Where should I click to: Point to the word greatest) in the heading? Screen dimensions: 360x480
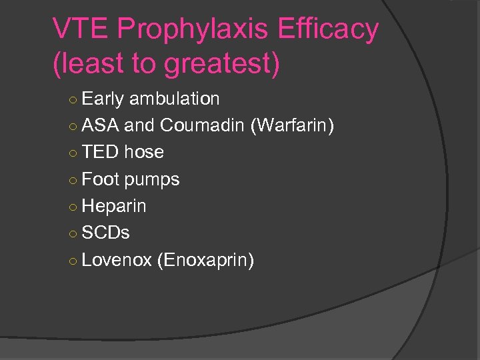pos(221,64)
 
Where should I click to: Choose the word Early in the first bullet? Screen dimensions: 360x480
pos(103,99)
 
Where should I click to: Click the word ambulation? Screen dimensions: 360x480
pos(174,99)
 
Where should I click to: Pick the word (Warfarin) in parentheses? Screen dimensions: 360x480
pos(292,125)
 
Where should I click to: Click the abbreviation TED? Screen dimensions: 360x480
pos(101,152)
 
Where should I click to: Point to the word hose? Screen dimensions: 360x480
pos(143,152)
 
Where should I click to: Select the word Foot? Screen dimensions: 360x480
pos(101,179)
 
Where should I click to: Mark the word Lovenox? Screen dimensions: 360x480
pos(117,259)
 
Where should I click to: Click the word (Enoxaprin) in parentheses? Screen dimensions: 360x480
pos(205,260)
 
